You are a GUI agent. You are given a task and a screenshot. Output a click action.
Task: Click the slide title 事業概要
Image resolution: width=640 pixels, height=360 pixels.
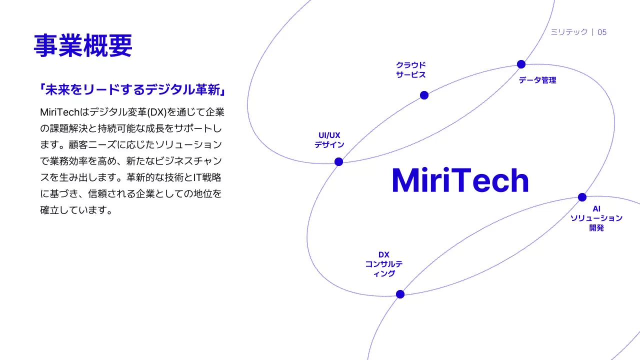[x=83, y=45]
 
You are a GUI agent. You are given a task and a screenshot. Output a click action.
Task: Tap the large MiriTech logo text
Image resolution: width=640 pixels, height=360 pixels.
[x=460, y=180]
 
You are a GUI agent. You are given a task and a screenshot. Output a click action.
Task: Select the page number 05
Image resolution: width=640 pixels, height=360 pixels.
[x=602, y=32]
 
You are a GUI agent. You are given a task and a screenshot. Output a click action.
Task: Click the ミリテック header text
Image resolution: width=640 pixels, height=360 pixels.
[x=569, y=32]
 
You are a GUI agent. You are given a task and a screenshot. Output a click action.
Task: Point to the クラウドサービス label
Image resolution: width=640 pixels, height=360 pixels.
[x=411, y=70]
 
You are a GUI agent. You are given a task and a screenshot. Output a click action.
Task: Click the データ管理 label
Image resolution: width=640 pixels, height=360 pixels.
[x=537, y=80]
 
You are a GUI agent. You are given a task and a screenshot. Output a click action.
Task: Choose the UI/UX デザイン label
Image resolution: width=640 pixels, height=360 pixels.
[x=329, y=140]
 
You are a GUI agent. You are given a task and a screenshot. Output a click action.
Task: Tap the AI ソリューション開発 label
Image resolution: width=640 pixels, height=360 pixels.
[x=596, y=218]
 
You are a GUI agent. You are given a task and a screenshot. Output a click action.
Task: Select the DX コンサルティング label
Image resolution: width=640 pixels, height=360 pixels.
[x=383, y=264]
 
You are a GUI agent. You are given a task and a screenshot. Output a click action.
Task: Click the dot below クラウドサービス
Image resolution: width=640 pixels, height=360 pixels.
[x=424, y=95]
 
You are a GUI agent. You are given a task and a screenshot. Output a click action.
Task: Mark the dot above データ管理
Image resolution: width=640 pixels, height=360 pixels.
[x=521, y=64]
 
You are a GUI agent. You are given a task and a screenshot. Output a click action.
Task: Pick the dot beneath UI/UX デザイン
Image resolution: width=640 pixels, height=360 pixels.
[x=338, y=161]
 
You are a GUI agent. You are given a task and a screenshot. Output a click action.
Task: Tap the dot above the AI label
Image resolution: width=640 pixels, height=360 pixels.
[x=582, y=197]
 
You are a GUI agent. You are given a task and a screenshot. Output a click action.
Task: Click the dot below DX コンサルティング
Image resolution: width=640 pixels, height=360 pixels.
[x=400, y=294]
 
